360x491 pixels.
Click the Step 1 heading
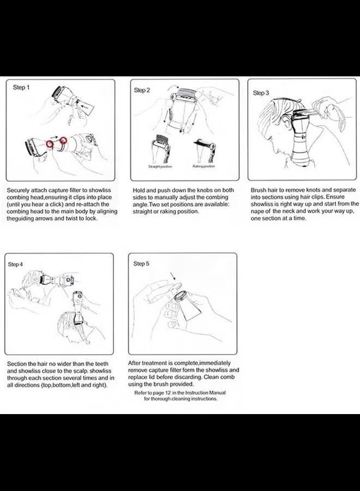(x=21, y=87)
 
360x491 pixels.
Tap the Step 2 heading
(x=142, y=90)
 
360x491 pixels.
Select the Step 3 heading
(x=261, y=93)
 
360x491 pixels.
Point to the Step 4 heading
(x=15, y=264)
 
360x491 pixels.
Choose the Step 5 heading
(x=141, y=264)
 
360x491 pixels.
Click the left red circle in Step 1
(x=50, y=143)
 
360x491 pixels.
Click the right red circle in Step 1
(x=64, y=140)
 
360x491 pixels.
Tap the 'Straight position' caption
(x=160, y=166)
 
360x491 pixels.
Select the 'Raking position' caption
(x=204, y=166)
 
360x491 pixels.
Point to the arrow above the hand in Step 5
(x=172, y=276)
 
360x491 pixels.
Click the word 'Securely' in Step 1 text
(x=18, y=190)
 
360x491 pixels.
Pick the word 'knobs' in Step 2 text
(x=205, y=190)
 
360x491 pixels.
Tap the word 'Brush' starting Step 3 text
(x=258, y=190)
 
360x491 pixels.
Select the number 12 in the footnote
(x=168, y=393)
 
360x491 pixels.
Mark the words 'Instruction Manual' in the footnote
(x=205, y=393)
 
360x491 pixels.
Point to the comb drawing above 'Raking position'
(x=205, y=151)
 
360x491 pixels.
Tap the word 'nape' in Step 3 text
(x=257, y=211)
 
